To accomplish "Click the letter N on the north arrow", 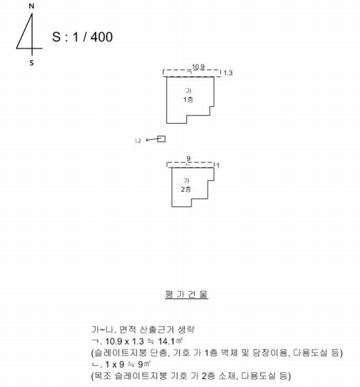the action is [32, 6].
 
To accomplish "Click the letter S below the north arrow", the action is [32, 63].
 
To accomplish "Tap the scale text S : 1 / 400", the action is [82, 37].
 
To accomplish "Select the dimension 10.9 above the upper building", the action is [198, 67].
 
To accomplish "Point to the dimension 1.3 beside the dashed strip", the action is [228, 73].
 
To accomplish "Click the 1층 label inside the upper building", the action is [188, 100].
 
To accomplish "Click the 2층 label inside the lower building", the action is [186, 190].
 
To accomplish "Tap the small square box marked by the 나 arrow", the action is [161, 139].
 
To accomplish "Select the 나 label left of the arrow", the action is [138, 141].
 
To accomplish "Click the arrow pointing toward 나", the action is [152, 140].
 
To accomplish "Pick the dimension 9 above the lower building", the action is [188, 159].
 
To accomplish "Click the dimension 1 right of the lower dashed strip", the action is [218, 166].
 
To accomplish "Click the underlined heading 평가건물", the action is [186, 295].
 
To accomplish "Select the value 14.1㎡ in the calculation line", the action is [170, 341].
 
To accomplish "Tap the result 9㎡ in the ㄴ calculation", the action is [145, 364].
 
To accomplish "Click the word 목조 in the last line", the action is [103, 376].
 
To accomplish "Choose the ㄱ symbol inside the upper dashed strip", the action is [190, 72].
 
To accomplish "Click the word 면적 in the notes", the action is [128, 330].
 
